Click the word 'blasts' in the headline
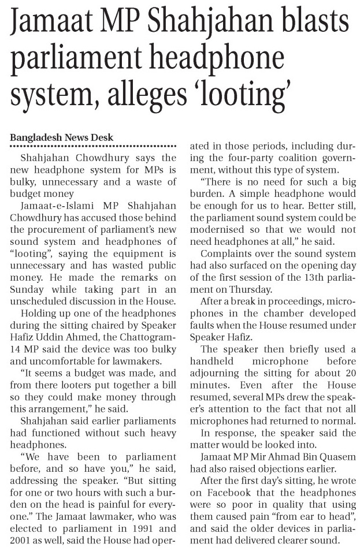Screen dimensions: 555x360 tap(308, 25)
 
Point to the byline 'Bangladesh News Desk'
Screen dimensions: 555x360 tap(62, 137)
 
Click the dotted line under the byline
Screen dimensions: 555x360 tap(93, 146)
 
